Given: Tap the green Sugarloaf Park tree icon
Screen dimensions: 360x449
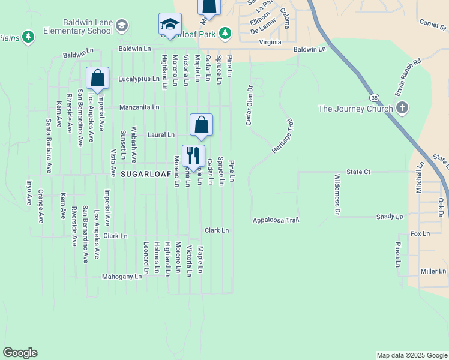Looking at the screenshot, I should tap(225, 32).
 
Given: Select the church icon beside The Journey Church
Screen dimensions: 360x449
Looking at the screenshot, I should tap(402, 109).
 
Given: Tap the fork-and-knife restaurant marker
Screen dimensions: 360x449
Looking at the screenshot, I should tap(193, 155).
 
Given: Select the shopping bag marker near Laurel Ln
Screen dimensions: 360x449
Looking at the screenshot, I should tap(202, 125).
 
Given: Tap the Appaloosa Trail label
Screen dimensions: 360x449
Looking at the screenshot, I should tap(276, 220).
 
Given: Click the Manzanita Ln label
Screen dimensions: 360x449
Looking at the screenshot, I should tap(139, 107).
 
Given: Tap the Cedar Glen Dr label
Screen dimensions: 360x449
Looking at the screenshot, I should tap(249, 104).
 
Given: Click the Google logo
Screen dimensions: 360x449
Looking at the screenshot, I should tap(20, 353).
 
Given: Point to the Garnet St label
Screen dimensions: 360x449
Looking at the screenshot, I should tap(433, 25).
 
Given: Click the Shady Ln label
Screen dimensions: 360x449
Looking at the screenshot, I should tap(390, 217).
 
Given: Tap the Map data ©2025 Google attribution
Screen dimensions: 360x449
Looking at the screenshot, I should tap(412, 355).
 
